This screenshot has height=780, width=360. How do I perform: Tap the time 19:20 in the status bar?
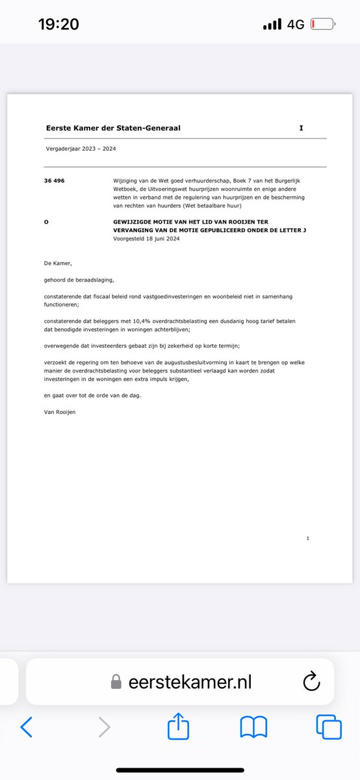[x=58, y=25]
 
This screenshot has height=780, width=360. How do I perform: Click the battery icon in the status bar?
[x=323, y=25]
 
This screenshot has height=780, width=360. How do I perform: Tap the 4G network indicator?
[x=296, y=25]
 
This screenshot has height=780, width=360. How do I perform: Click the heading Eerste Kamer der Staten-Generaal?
[x=113, y=128]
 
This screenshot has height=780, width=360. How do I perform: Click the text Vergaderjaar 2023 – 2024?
[x=81, y=149]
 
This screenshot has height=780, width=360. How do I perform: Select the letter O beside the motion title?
[x=46, y=222]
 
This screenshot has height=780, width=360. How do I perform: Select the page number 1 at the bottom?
[x=307, y=538]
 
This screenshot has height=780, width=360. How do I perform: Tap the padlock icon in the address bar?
[x=116, y=682]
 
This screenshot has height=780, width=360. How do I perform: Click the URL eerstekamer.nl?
[x=189, y=682]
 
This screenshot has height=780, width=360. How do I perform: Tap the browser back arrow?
[x=26, y=727]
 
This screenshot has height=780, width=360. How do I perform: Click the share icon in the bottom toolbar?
[x=178, y=727]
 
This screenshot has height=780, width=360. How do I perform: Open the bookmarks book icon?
[x=253, y=727]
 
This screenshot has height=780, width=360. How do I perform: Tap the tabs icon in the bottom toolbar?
[x=329, y=727]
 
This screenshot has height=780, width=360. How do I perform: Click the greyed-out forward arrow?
[x=104, y=727]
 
